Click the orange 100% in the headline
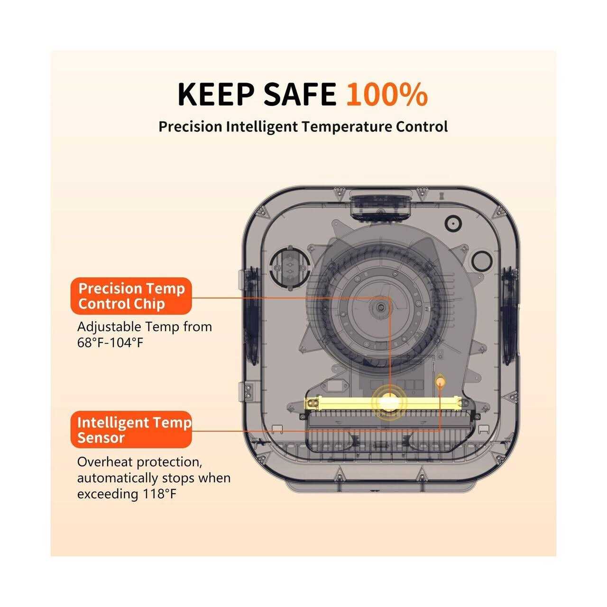point(387,94)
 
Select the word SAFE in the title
point(300,94)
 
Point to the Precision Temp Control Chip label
point(131,296)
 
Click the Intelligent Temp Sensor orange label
point(131,430)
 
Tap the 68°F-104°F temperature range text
point(110,343)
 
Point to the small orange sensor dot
point(441,382)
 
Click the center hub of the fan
point(381,307)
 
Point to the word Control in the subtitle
point(422,127)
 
